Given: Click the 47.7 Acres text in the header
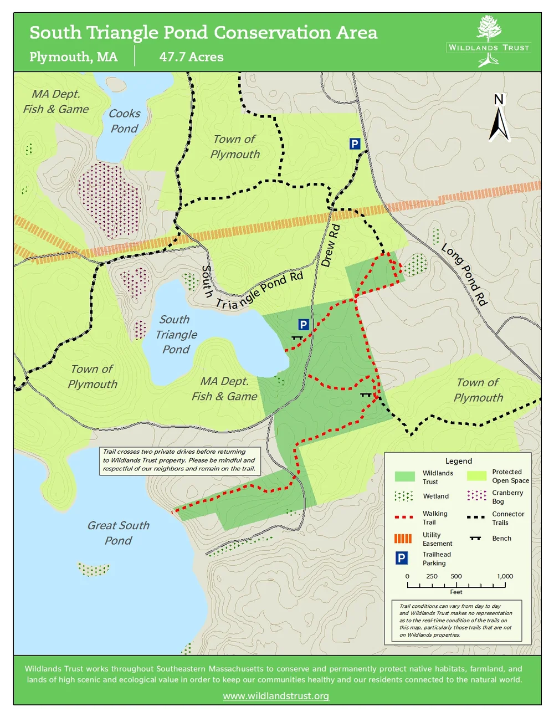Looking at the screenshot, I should point(191,57).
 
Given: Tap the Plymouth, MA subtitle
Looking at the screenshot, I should point(73,57).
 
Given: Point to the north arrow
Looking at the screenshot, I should point(499,119).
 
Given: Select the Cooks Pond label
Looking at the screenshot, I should point(124,121).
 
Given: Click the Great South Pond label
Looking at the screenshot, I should point(118,532).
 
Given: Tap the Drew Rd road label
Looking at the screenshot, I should point(330,245).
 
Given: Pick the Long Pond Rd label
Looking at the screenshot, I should point(464,275).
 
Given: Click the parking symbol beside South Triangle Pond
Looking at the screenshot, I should point(303,325).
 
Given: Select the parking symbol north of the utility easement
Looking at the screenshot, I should point(355,144).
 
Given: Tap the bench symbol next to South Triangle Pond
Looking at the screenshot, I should point(297,337).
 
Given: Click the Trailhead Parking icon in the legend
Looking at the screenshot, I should point(402,558).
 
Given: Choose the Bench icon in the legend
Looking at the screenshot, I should point(475,538).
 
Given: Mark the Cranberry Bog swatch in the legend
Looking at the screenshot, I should point(476,495).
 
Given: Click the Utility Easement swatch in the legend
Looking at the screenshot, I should point(403,539).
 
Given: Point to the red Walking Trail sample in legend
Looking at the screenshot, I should point(403,517).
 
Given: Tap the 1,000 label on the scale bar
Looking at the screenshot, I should point(505,576).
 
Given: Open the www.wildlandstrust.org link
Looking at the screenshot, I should point(276,696).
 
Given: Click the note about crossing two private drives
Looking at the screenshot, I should point(179,460).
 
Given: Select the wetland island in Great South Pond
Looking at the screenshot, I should point(93,569).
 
